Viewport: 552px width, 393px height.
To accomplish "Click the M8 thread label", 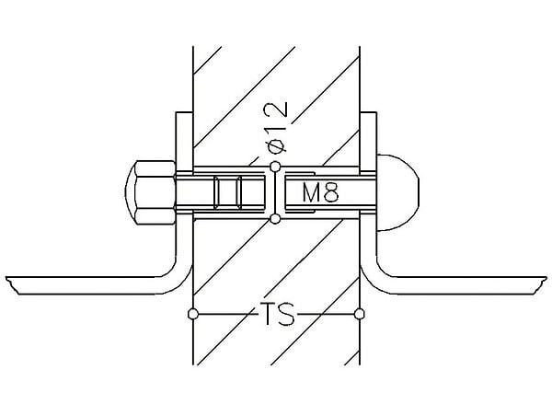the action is tap(320, 193).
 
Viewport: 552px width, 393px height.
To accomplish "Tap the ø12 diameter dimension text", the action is tap(278, 128).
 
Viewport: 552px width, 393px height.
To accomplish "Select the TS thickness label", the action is tap(278, 314).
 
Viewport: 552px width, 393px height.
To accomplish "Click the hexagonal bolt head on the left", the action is tap(151, 192).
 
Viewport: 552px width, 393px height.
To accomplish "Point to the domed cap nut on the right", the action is tap(397, 192).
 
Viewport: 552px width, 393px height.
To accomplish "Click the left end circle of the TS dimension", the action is tap(193, 314).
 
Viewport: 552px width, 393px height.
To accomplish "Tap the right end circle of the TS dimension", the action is tap(360, 314).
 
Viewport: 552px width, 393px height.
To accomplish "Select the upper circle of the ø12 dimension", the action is tap(275, 167).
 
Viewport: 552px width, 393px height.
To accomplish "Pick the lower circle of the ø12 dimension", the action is tap(275, 219).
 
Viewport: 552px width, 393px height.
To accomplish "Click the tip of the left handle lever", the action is tap(6, 278).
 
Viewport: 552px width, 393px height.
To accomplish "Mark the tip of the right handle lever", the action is tap(546, 278).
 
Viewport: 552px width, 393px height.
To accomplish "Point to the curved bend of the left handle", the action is tap(178, 281).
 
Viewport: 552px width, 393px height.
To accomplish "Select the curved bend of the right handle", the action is tap(374, 281).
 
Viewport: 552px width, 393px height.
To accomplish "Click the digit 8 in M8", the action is tap(331, 193).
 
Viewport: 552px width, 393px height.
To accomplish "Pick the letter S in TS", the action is tap(286, 314).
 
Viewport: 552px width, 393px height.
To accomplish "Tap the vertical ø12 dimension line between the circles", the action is tap(275, 192).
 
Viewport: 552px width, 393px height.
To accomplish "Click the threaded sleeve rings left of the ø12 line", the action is tap(228, 192).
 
